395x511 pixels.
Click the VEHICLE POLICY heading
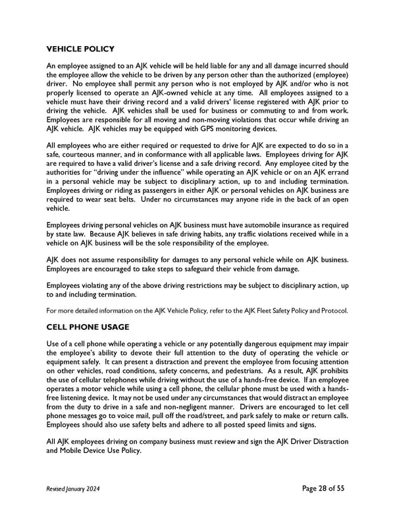coord(80,49)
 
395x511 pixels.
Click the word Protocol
coord(331,311)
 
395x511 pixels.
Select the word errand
coord(334,169)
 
